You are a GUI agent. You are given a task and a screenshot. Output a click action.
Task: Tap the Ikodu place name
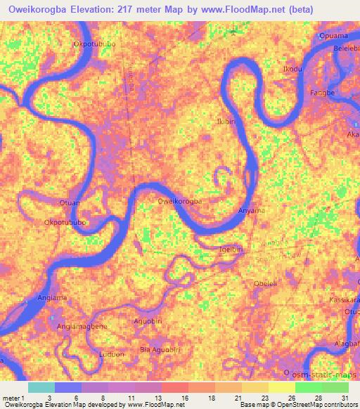click(292, 69)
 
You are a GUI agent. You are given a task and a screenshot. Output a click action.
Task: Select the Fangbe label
click(321, 92)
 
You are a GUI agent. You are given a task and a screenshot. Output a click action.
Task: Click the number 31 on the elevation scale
click(344, 397)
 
